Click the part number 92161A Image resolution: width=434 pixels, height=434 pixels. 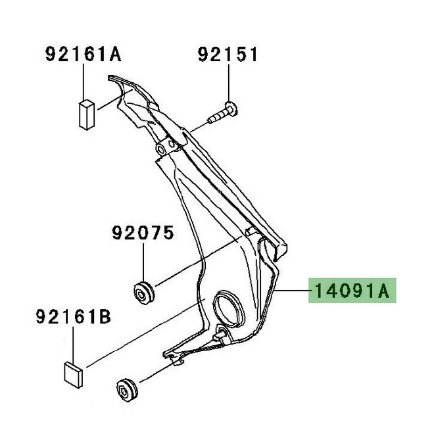point(84,55)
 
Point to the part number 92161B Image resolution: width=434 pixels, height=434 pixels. point(72,320)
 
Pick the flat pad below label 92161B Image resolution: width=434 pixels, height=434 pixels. point(74,372)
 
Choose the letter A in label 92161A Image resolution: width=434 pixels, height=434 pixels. point(116,55)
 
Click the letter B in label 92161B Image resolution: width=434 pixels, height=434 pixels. point(105,320)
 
